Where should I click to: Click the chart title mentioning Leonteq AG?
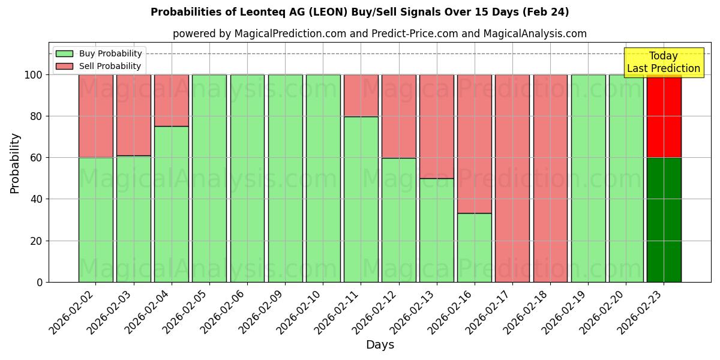point(359,12)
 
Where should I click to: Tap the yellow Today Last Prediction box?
point(663,62)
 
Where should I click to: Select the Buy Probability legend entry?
point(99,53)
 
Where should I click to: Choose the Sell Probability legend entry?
point(99,66)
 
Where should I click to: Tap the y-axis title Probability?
point(15,163)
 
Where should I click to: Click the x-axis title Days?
point(380,345)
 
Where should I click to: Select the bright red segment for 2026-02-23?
point(664,116)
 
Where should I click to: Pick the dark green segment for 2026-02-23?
point(664,220)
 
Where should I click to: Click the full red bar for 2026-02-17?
point(512,178)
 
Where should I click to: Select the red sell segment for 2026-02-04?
point(172,100)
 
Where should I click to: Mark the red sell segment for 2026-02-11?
point(361,95)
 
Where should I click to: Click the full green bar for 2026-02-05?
point(209,178)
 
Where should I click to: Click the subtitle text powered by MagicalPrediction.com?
point(380,34)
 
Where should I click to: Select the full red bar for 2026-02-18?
point(550,178)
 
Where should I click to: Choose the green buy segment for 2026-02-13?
point(437,230)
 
